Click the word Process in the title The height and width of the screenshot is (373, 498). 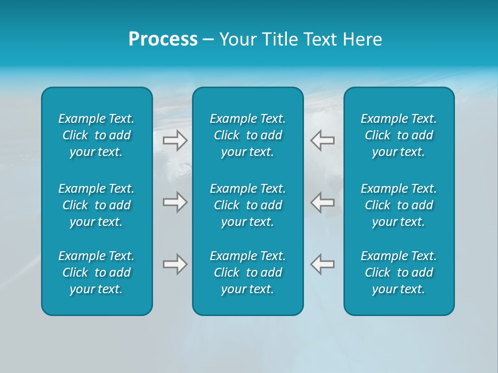pyautogui.click(x=163, y=39)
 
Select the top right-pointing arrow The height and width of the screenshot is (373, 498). pyautogui.click(x=175, y=140)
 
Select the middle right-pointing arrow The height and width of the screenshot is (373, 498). pyautogui.click(x=175, y=202)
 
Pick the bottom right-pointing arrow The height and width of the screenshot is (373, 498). pyautogui.click(x=175, y=264)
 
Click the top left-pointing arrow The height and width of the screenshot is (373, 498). pyautogui.click(x=323, y=140)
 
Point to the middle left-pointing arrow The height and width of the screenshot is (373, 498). pyautogui.click(x=323, y=202)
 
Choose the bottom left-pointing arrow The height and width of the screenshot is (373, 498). pyautogui.click(x=323, y=264)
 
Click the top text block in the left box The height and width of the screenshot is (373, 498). pyautogui.click(x=96, y=135)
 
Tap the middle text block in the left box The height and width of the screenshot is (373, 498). pyautogui.click(x=96, y=205)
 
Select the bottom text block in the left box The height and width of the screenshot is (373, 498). pyautogui.click(x=96, y=272)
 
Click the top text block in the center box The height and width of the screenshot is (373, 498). pyautogui.click(x=248, y=135)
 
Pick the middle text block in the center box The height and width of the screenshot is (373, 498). pyautogui.click(x=248, y=205)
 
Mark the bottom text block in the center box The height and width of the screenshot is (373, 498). pyautogui.click(x=248, y=272)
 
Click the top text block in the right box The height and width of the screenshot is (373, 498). pyautogui.click(x=399, y=135)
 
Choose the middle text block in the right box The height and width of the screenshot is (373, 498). pyautogui.click(x=399, y=205)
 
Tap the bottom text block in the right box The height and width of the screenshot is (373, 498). pyautogui.click(x=399, y=272)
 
